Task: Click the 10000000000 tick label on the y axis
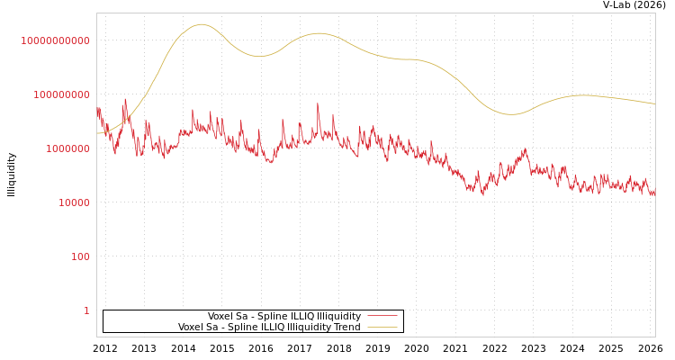[55, 40]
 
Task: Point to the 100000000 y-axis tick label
[61, 94]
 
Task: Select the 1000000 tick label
[67, 148]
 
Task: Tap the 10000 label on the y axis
[74, 202]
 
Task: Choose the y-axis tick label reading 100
[81, 256]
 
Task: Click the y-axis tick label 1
[86, 310]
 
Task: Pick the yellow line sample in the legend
[382, 328]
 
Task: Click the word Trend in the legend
[346, 328]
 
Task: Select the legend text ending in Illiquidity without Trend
[284, 317]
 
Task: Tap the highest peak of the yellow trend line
[201, 24]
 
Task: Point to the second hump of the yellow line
[318, 33]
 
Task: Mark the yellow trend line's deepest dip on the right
[511, 114]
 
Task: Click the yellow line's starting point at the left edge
[98, 133]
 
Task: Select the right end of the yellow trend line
[654, 103]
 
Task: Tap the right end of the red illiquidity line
[654, 191]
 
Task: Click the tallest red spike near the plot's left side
[125, 99]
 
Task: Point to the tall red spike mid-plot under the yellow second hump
[318, 103]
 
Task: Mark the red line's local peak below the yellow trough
[525, 149]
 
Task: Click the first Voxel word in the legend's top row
[220, 317]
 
